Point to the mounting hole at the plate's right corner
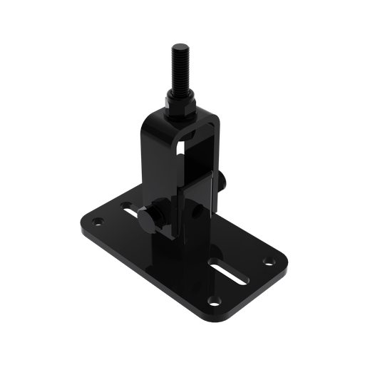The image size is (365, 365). pyautogui.click(x=267, y=260)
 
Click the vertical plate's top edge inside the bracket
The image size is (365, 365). pyautogui.click(x=200, y=176)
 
